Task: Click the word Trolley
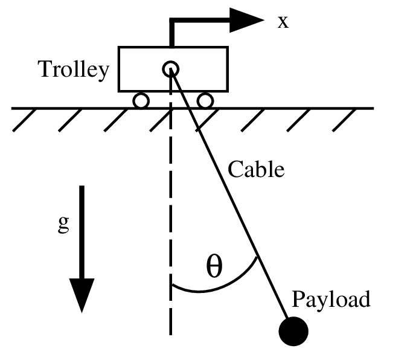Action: coord(74,70)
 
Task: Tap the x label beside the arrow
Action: coord(283,22)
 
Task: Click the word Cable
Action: coord(255,169)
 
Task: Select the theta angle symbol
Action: coord(214,266)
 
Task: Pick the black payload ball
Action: coord(293,331)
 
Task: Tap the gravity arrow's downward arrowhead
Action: coord(82,296)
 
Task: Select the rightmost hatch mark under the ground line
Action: coord(350,120)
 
